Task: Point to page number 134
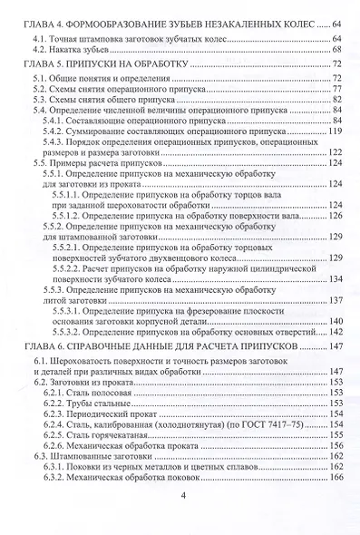coord(332,279)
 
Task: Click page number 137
coord(332,301)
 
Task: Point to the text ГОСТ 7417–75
coord(255,424)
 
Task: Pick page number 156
coord(332,446)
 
